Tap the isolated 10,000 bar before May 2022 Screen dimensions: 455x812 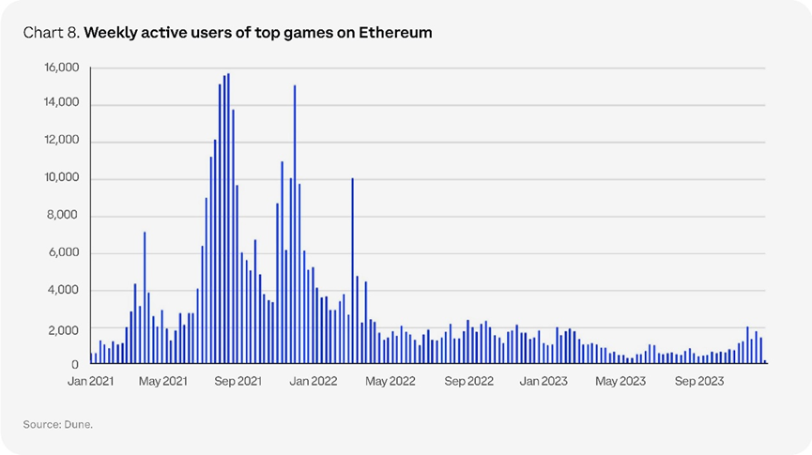[x=352, y=270]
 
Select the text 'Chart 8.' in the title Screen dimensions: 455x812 [x=52, y=33]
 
